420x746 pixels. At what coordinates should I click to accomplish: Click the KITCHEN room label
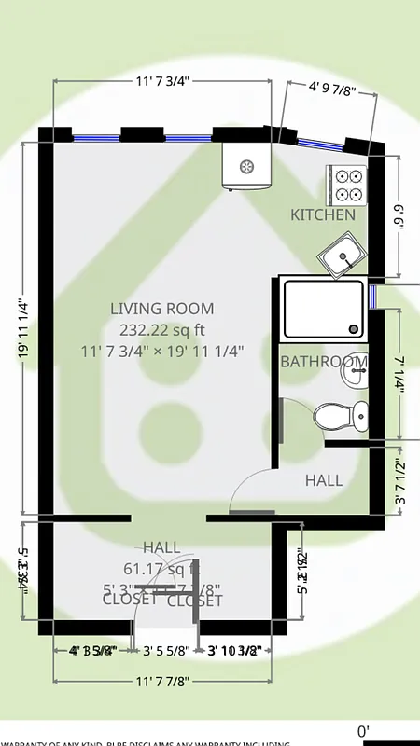tap(323, 214)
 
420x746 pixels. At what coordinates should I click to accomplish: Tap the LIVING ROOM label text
tap(162, 309)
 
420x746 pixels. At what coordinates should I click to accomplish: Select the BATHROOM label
tap(324, 362)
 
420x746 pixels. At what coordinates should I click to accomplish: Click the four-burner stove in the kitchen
tap(347, 185)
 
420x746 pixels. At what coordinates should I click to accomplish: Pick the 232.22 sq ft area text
tap(162, 330)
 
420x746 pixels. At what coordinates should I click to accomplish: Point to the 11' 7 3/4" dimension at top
tap(162, 81)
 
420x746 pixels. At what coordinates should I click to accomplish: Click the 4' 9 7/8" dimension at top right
tap(331, 90)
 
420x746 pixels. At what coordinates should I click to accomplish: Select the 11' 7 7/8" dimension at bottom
tap(162, 682)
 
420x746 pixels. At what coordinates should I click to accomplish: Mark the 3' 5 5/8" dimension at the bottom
tap(166, 651)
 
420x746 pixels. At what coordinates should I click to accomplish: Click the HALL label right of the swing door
tap(324, 481)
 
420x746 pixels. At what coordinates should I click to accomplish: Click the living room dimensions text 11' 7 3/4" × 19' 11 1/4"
tap(162, 352)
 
